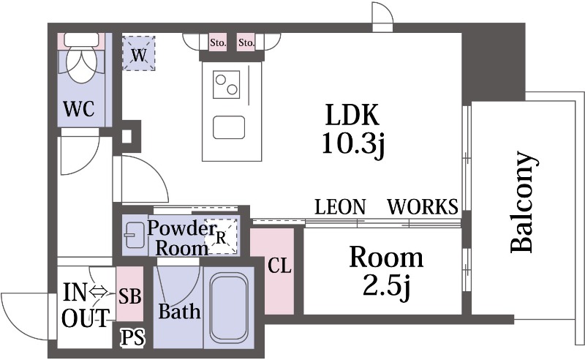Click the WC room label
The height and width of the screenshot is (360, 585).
click(x=79, y=109)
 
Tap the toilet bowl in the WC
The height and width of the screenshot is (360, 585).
click(x=82, y=66)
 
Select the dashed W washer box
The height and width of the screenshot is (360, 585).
click(x=138, y=53)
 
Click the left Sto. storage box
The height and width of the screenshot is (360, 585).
click(x=217, y=42)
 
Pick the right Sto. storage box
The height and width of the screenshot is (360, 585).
click(x=246, y=42)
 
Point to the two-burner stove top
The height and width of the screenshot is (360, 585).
click(x=227, y=85)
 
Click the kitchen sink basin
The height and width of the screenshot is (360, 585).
click(x=229, y=128)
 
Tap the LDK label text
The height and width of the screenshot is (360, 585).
click(x=352, y=115)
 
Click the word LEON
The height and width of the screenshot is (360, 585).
click(x=340, y=206)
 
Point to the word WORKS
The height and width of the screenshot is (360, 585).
click(x=423, y=206)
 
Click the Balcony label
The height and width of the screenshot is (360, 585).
click(x=524, y=202)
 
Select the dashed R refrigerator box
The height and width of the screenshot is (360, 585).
click(x=223, y=236)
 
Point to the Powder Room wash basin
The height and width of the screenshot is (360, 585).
click(x=135, y=236)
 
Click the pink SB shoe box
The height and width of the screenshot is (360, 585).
click(x=130, y=294)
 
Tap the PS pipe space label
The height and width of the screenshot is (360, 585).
click(x=133, y=338)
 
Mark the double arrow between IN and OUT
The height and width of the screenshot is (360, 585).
click(x=99, y=290)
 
